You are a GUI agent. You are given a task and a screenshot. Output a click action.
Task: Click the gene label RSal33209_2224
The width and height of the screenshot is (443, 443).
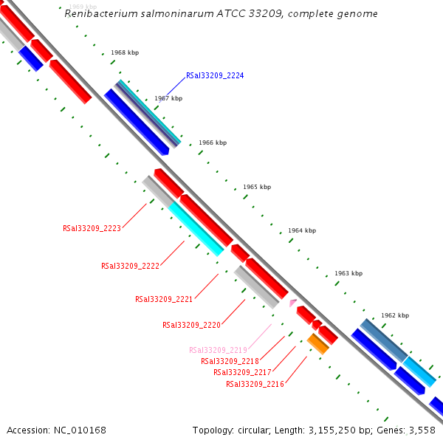click(215, 76)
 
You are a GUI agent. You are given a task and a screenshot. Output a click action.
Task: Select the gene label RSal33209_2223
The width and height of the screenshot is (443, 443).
click(92, 229)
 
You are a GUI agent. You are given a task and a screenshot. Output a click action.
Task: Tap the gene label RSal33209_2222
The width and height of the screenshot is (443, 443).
click(130, 266)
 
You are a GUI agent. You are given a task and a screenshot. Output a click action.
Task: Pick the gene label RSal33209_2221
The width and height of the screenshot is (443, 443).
click(164, 299)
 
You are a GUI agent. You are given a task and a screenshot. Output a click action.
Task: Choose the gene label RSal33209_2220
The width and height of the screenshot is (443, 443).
click(191, 325)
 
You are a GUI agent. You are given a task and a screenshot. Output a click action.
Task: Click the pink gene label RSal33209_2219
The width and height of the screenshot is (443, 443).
click(218, 350)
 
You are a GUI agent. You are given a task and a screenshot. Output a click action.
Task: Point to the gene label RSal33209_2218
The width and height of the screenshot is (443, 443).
click(230, 361)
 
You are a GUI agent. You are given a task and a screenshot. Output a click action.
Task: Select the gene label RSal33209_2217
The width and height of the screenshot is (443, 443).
click(242, 372)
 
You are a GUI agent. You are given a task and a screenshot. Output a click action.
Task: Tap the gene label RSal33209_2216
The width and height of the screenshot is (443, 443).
click(255, 384)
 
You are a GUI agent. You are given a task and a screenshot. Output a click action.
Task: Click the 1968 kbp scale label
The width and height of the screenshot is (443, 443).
click(125, 53)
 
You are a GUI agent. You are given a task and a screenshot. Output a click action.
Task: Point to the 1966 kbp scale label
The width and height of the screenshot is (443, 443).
click(213, 142)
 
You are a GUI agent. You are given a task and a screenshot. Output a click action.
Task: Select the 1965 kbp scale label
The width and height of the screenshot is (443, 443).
click(257, 187)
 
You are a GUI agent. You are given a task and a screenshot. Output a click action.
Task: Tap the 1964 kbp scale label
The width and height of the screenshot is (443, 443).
click(302, 230)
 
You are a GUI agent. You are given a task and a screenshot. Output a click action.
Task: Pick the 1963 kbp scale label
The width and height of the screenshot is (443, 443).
click(348, 273)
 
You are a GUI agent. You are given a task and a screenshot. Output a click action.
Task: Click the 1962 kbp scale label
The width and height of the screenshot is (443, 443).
click(395, 315)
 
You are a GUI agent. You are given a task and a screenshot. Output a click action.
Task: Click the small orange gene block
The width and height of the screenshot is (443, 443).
click(317, 343)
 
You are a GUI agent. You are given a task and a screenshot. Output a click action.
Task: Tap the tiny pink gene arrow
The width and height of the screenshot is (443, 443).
click(293, 303)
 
